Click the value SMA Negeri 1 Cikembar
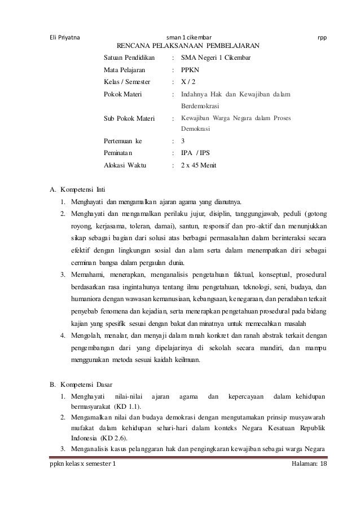(x=216, y=58)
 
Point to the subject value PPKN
(x=190, y=70)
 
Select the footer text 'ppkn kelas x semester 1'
(x=82, y=463)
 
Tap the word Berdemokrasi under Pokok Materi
(x=200, y=105)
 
